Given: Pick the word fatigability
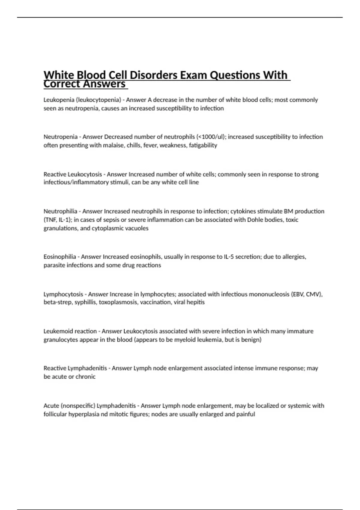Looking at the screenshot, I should [x=203, y=145].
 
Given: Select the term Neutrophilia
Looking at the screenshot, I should [x=60, y=211].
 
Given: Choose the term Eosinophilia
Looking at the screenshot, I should [x=60, y=257].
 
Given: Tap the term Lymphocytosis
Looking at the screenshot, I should [x=63, y=294].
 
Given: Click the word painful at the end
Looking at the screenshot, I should [x=245, y=414].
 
